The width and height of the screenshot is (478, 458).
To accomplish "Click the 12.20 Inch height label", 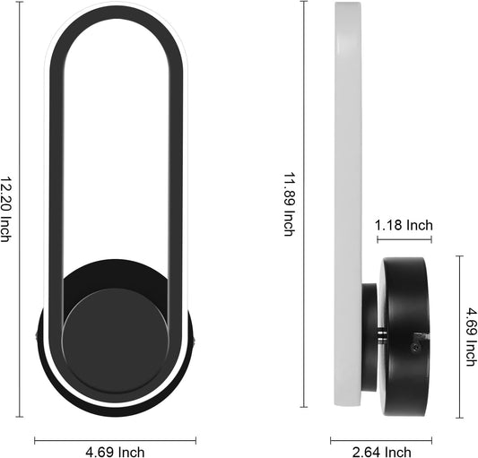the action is click(5, 209).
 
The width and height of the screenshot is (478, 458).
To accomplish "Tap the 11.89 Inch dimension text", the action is click(289, 204).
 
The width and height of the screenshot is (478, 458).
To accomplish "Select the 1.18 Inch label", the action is click(404, 225).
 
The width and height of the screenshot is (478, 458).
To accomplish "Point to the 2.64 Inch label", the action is click(382, 452).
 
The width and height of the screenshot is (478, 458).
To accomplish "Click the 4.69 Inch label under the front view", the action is click(115, 452).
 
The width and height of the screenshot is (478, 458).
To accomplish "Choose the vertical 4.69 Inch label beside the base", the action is click(472, 337).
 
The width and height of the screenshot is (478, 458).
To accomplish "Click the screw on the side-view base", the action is click(414, 346).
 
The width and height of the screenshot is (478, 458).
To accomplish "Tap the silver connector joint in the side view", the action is click(381, 335).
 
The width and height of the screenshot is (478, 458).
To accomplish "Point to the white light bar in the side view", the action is click(348, 203).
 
